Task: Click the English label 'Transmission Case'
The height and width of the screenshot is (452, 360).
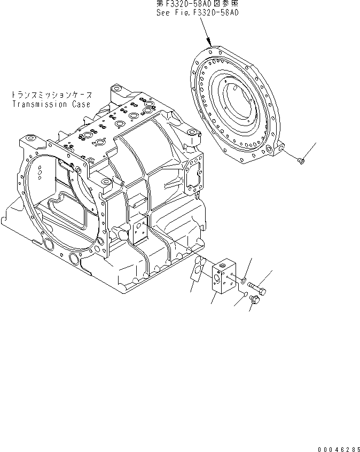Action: click(x=51, y=104)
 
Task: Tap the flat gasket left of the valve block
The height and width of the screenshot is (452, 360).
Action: click(x=198, y=267)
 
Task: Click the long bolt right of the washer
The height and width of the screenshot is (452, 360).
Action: click(x=260, y=289)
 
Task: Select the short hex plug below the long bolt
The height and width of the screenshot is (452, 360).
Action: click(x=254, y=301)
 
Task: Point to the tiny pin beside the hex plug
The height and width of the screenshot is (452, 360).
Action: click(x=243, y=294)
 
